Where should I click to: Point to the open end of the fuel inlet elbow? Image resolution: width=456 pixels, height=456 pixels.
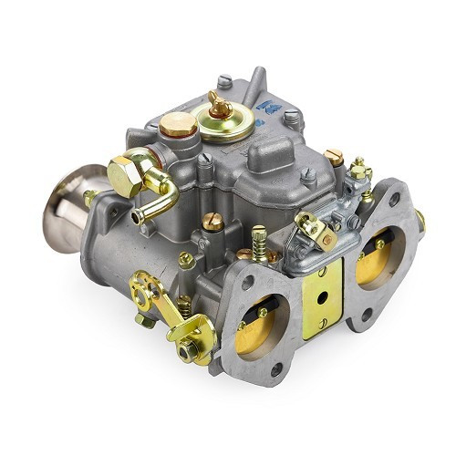coord(140,217)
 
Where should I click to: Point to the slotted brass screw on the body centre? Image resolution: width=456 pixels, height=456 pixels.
coord(212,220)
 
